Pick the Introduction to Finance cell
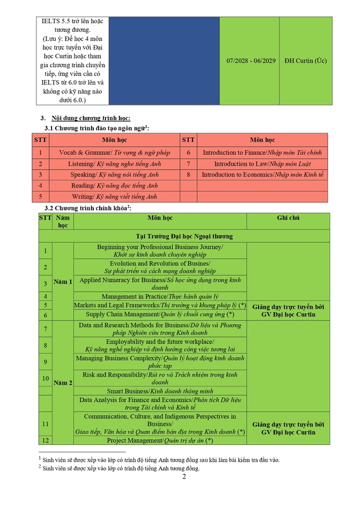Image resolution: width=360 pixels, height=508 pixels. (x=262, y=152)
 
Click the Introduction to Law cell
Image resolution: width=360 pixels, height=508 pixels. (x=262, y=163)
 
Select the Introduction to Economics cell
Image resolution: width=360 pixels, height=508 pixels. (x=262, y=174)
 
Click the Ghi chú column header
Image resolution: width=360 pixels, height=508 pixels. (x=288, y=217)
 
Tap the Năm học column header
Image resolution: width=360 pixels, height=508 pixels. (x=63, y=221)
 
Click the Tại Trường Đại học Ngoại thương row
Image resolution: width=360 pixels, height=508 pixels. (x=184, y=236)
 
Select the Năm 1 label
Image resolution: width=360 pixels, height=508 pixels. (x=63, y=282)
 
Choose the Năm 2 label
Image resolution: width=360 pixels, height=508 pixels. (x=63, y=383)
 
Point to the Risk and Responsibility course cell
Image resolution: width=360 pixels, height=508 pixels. (x=160, y=378)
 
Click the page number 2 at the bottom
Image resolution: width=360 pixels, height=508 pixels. (x=184, y=477)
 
